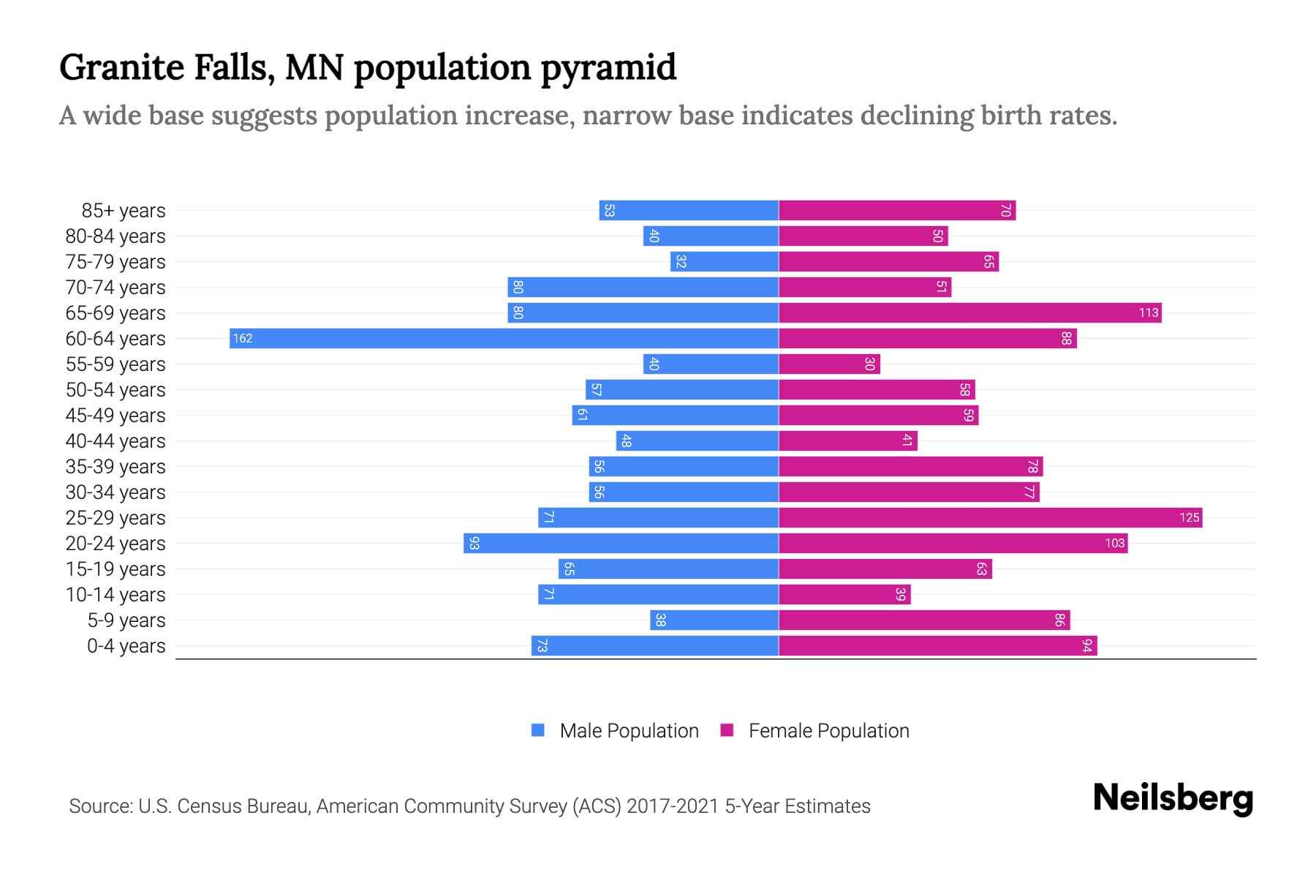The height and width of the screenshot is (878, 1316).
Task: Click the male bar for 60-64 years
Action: click(504, 338)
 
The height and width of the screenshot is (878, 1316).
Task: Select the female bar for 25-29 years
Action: click(991, 517)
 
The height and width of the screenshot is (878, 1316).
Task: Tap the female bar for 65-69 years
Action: click(970, 312)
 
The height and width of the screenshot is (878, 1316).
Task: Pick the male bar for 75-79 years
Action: click(725, 261)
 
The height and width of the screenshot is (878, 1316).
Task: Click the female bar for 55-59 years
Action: click(830, 364)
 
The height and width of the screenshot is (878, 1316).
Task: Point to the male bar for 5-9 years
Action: click(714, 620)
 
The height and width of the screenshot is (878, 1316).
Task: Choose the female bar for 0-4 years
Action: click(938, 645)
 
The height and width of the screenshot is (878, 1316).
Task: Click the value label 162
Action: click(243, 338)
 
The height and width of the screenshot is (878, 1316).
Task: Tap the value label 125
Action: click(1189, 517)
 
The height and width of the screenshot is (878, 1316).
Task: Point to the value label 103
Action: click(1114, 543)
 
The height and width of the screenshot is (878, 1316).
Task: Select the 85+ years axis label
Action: click(124, 211)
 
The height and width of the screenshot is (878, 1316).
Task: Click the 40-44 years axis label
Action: click(116, 441)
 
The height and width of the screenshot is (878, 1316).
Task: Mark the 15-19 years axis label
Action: click(116, 569)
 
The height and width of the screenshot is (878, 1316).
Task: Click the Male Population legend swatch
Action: click(538, 730)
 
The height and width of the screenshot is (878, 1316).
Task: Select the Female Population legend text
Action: click(828, 730)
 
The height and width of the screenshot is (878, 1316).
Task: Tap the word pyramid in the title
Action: click(608, 67)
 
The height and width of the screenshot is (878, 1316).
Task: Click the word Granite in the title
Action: click(121, 67)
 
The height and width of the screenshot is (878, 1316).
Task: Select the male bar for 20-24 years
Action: click(621, 543)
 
